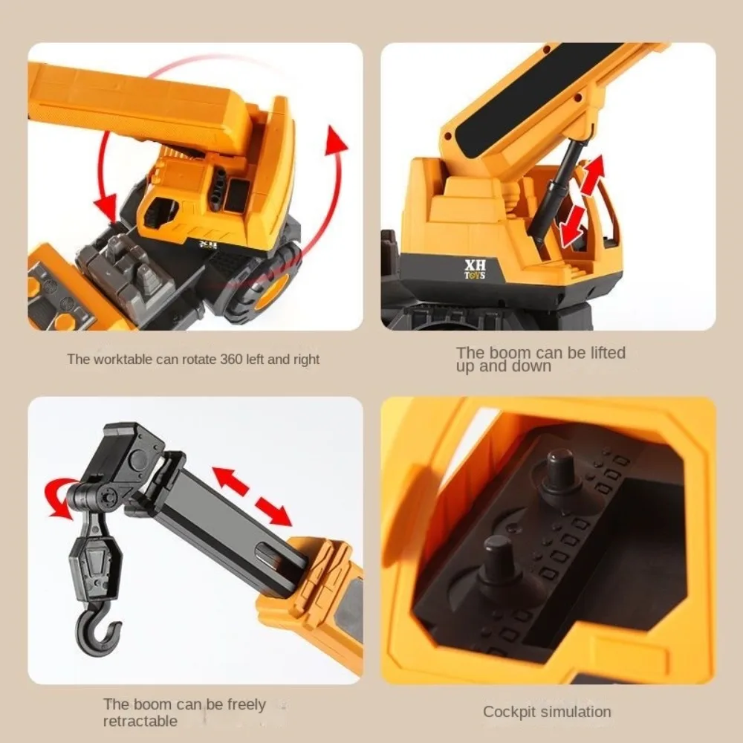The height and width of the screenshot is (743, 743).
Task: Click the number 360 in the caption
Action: point(232,359)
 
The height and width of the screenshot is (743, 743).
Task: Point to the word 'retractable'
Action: point(140,721)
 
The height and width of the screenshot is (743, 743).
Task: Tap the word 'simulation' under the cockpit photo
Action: point(576,712)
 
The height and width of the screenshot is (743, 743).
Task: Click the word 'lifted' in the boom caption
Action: point(608,352)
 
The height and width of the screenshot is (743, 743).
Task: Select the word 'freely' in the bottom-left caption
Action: point(246,705)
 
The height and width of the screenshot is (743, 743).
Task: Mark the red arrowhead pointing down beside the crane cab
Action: point(106,206)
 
